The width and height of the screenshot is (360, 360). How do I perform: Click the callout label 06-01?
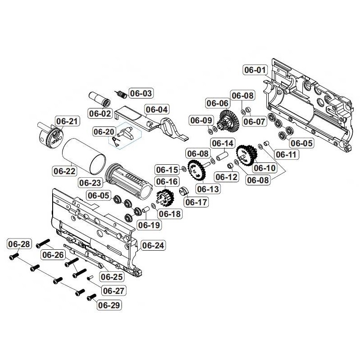point(255,70)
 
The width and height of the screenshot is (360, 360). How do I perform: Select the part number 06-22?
point(65,171)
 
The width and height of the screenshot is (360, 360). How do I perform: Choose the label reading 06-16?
point(166,182)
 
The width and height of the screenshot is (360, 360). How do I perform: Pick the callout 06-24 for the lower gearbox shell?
point(153,245)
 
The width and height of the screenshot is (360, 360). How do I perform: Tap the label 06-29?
point(109,305)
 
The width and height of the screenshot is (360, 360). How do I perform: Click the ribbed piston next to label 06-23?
point(128,180)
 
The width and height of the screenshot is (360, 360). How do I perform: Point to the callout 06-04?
point(156,109)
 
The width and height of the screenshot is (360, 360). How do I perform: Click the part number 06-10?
point(264,168)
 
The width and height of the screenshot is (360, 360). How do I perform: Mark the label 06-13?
point(208,189)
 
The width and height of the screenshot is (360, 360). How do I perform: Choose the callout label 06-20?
point(104,131)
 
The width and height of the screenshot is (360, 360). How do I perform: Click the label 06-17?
point(197,202)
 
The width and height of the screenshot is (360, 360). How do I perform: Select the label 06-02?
point(99,113)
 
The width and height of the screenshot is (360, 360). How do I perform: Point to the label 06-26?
point(53,255)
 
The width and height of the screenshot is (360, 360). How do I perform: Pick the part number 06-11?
point(287,154)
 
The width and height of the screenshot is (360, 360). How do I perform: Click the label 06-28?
point(19,244)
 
